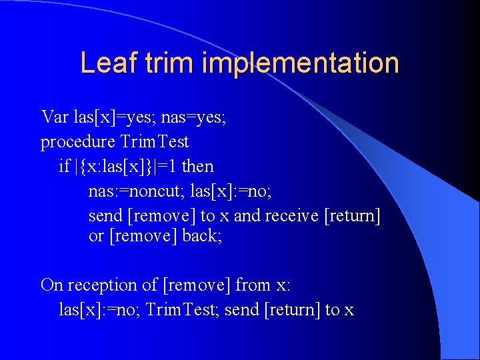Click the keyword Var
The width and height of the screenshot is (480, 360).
(55, 117)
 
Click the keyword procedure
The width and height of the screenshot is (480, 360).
(78, 142)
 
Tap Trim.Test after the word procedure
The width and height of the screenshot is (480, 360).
(155, 142)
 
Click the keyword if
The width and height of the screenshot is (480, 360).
(64, 166)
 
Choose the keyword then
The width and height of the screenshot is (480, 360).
(198, 166)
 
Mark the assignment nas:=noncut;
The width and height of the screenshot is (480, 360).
(137, 191)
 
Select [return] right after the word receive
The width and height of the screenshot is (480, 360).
(352, 215)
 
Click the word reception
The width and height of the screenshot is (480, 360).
(103, 285)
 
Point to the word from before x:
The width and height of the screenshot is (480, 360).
(253, 285)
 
